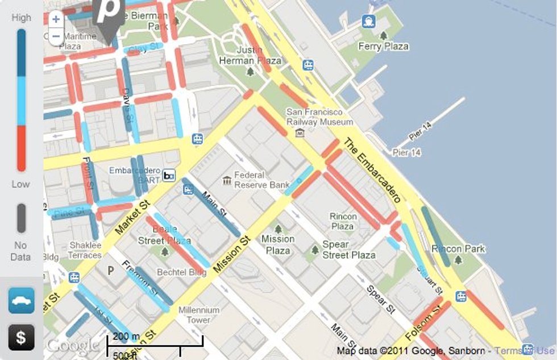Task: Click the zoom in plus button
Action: click(x=56, y=19)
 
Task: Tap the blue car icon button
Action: click(x=21, y=300)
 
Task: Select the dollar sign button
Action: click(x=21, y=337)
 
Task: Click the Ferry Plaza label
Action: click(x=384, y=47)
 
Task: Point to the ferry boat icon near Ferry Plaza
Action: click(x=369, y=22)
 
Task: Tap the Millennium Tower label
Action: click(x=199, y=315)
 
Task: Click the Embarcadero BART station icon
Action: click(x=169, y=175)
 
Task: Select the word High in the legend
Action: click(x=21, y=18)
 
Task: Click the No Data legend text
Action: click(x=20, y=251)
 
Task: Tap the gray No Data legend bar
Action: click(x=21, y=218)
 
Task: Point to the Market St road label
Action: click(x=131, y=217)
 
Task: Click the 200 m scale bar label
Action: click(x=126, y=336)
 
